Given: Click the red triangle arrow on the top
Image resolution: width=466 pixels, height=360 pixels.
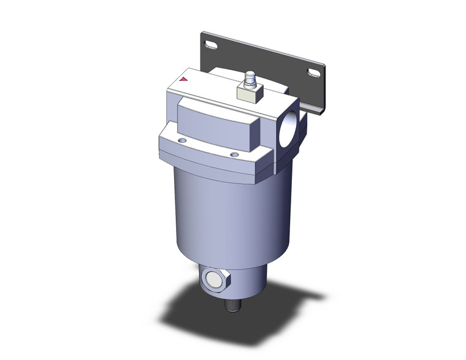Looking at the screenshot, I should [183, 79].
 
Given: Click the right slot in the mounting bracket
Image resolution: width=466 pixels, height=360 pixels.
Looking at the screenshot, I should [313, 73].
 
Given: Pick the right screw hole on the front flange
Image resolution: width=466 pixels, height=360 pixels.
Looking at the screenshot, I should [234, 155].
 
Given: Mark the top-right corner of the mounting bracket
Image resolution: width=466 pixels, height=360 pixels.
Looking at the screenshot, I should [323, 65].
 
